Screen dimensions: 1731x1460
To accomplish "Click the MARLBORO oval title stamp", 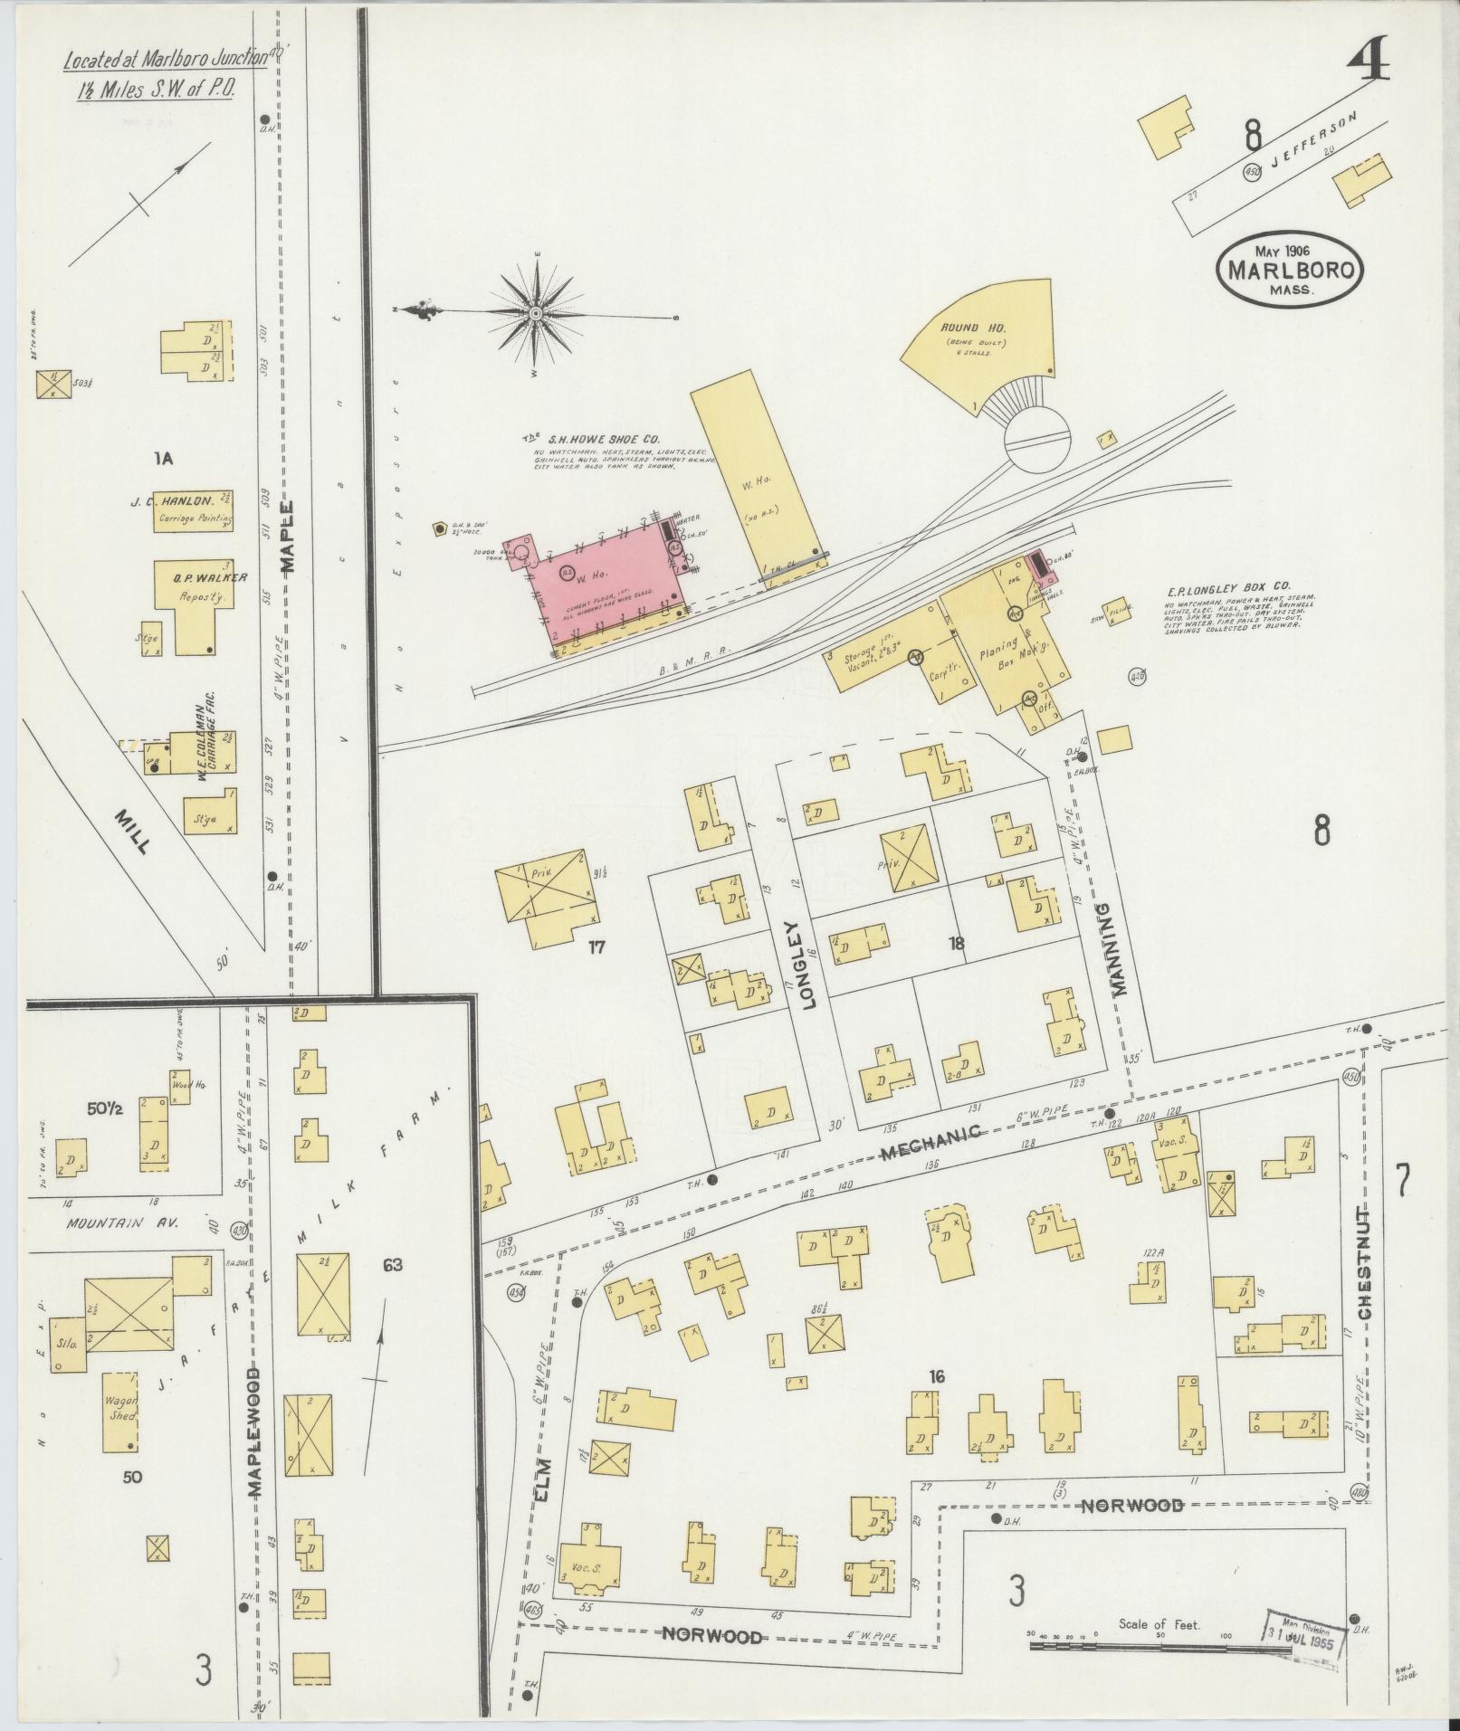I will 1290,267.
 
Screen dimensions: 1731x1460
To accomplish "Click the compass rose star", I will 536,314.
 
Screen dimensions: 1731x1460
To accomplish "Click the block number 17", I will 596,947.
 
